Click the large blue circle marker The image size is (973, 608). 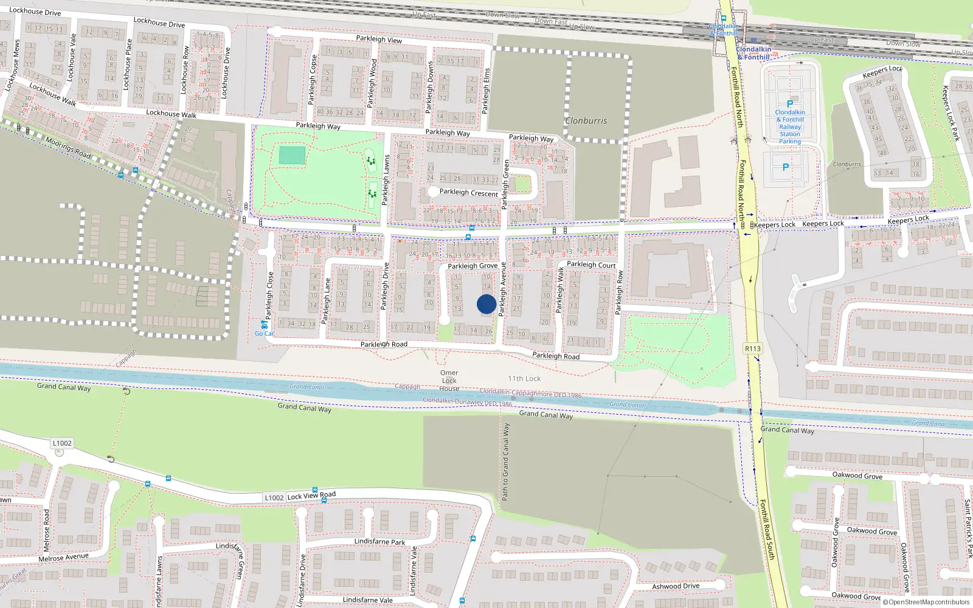click(486, 304)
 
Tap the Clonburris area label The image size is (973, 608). click(586, 120)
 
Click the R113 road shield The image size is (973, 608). click(752, 348)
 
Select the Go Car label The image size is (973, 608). click(264, 333)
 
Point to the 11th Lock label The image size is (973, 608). click(524, 378)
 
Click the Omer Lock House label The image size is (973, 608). click(449, 381)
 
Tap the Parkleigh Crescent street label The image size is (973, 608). click(468, 193)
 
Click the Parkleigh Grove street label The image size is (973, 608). click(473, 266)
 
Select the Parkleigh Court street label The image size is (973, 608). click(591, 264)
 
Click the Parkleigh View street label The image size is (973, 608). click(379, 39)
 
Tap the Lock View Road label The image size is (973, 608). click(311, 496)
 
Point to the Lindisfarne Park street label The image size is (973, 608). click(379, 541)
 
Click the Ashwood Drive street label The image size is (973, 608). click(676, 586)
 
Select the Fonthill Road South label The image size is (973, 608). click(767, 530)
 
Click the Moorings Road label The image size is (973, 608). click(68, 148)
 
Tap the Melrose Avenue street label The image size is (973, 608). click(63, 557)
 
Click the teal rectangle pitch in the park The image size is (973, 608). click(292, 155)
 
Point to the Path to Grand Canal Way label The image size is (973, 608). click(505, 462)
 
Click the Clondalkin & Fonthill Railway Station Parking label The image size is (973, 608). click(790, 126)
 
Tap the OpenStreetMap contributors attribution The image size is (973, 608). click(926, 602)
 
